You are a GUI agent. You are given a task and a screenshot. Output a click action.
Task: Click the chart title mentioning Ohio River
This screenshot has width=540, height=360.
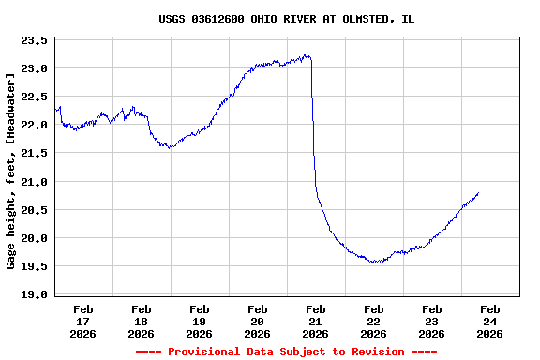point(286,19)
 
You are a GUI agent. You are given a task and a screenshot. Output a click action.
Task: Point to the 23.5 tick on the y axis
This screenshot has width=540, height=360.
point(35,41)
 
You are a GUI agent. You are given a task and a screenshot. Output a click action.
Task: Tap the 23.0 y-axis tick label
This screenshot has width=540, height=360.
point(35,69)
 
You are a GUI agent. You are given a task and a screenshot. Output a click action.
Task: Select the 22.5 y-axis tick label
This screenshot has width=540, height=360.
point(35,97)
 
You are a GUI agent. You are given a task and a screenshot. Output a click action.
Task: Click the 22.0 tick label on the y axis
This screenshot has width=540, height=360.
point(35,126)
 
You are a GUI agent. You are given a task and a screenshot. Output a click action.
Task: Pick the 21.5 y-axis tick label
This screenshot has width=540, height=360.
point(35,154)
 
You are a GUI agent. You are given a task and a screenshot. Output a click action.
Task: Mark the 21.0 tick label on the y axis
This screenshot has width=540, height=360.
point(35,182)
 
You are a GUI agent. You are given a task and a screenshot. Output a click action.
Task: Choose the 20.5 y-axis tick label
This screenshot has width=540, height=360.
point(35,210)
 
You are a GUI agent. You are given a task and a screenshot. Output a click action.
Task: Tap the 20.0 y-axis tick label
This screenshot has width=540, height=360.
point(35,238)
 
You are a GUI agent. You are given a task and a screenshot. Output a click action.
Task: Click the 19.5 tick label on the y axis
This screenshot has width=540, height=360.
point(35,266)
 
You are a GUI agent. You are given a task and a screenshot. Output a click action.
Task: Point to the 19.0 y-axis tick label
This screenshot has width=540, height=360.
point(35,294)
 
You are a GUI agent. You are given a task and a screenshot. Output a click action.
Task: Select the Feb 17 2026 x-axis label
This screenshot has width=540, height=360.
point(83,321)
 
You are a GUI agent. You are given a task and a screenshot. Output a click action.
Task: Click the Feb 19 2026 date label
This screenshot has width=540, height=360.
point(200,321)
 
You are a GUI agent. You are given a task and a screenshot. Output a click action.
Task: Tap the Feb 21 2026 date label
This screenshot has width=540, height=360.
point(316,321)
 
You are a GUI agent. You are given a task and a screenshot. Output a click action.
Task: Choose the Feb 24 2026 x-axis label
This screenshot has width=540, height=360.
point(489,321)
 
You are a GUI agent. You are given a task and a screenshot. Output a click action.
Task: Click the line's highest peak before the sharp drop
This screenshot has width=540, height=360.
point(307,55)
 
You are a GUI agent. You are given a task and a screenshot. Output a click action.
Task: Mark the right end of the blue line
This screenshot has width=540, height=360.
point(478,193)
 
